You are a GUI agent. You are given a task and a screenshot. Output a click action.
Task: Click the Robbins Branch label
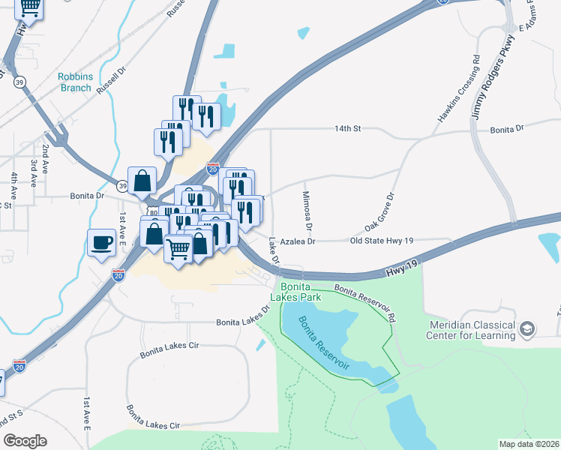[x=75, y=82]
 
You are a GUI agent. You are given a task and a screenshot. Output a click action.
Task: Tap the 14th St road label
[x=348, y=129]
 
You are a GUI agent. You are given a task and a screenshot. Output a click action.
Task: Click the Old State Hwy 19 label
[x=382, y=241]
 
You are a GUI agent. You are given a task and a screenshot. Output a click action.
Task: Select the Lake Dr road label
[x=274, y=250]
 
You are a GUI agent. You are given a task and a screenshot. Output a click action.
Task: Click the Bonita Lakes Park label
[x=301, y=292]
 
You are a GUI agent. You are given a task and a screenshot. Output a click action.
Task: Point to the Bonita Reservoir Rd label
[x=364, y=298]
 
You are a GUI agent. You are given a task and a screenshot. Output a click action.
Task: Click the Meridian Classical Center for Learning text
[x=472, y=330]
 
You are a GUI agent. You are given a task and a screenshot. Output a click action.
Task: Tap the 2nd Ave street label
[x=46, y=158]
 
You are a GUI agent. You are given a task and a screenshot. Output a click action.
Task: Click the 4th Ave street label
[x=13, y=185]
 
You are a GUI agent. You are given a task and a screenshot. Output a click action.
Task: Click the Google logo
[x=25, y=441]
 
